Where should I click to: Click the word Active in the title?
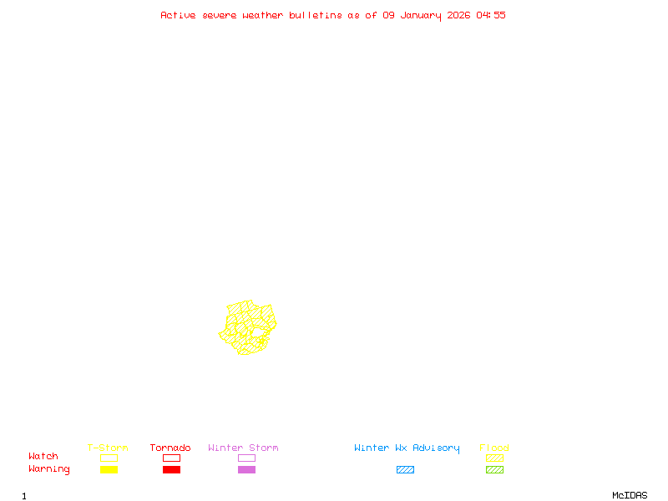[x=179, y=15]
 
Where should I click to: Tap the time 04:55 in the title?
[x=491, y=15]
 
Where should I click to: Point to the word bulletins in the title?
[x=316, y=15]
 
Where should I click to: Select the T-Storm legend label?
[x=108, y=448]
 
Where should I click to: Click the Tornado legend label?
[x=170, y=448]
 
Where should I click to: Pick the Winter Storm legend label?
[x=243, y=448]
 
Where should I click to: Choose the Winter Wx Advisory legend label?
[x=407, y=448]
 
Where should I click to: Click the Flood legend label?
[x=494, y=448]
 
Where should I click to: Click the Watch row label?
[x=43, y=457]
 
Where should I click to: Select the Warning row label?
[x=49, y=469]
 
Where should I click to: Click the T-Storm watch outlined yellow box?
[x=109, y=458]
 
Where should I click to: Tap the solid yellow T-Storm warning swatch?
[x=109, y=469]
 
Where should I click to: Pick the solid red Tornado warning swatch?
[x=171, y=469]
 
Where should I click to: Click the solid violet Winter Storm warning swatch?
[x=246, y=469]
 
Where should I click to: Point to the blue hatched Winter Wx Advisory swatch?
[x=405, y=469]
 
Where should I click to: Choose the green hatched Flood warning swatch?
[x=494, y=469]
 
